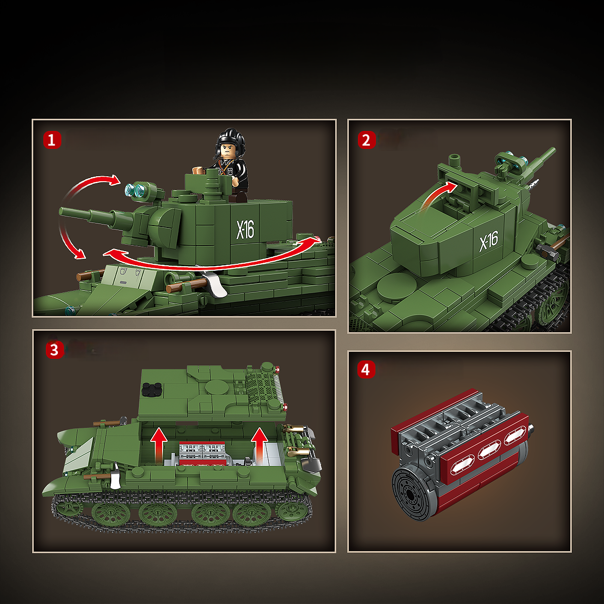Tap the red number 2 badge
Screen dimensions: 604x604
[x=366, y=140]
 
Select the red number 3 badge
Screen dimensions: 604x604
[x=55, y=349]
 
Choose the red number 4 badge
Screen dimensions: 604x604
[x=366, y=369]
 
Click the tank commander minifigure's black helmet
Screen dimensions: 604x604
[x=230, y=137]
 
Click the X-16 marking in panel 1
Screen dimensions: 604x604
[x=246, y=230]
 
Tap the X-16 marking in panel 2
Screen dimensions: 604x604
[x=488, y=241]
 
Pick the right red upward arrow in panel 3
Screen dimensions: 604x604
[x=260, y=443]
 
